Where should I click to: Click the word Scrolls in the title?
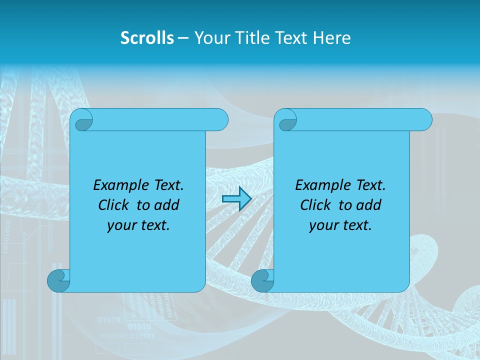(147, 38)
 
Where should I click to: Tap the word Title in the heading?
(254, 38)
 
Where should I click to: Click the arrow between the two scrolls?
(236, 199)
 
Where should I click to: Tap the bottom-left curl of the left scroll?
(58, 281)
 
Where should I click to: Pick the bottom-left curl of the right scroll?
(262, 281)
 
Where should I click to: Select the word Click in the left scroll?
(113, 205)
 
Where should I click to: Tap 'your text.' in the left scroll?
(138, 225)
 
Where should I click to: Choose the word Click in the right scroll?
(315, 205)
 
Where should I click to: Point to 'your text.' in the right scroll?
(340, 225)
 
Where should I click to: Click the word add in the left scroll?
(166, 205)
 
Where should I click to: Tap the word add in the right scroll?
(368, 205)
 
